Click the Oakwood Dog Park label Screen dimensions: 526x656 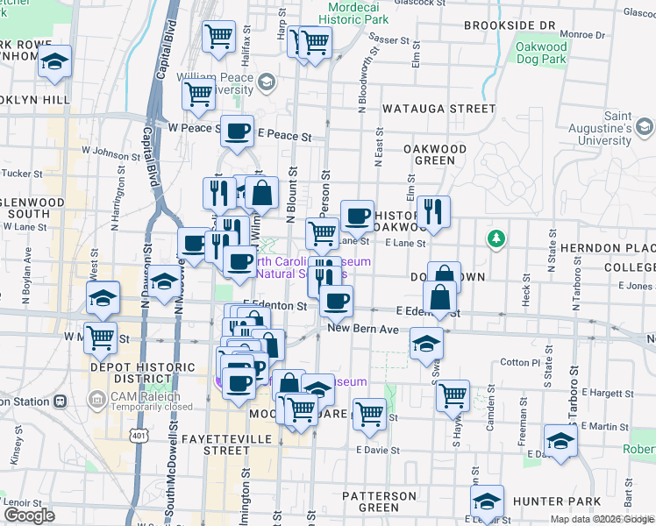click(x=542, y=53)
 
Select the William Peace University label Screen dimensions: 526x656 click(x=215, y=83)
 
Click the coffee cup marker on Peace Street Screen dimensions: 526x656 click(x=237, y=131)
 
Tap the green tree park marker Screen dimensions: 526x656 click(x=496, y=238)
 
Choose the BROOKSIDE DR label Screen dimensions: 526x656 click(x=510, y=26)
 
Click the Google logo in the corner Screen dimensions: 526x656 click(x=29, y=515)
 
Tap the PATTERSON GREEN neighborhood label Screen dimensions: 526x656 click(x=380, y=501)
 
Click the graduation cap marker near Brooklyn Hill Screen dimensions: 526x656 click(x=55, y=63)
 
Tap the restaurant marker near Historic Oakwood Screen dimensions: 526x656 click(x=433, y=211)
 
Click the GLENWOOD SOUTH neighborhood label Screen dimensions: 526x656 click(x=32, y=208)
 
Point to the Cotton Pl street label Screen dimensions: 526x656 click(x=519, y=362)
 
